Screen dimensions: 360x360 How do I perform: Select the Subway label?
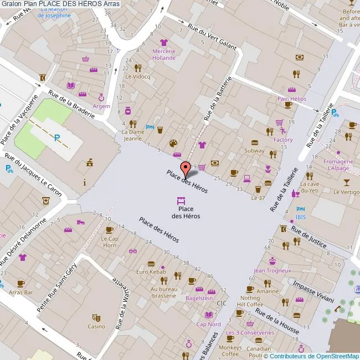tap(254, 151)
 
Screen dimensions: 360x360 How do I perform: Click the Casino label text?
tap(96, 326)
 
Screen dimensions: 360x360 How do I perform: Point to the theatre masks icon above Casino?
tap(96, 317)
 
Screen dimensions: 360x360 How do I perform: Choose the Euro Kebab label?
tap(151, 272)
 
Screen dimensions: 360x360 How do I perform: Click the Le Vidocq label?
tap(137, 77)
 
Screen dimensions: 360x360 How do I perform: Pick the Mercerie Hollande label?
tap(163, 54)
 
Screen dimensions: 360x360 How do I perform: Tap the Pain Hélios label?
tap(291, 99)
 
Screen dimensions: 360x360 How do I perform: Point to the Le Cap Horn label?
tap(109, 242)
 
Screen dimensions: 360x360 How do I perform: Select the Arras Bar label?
tap(21, 292)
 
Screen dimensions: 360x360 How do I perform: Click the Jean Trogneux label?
tap(272, 271)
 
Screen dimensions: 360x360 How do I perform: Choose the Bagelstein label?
tap(199, 298)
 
